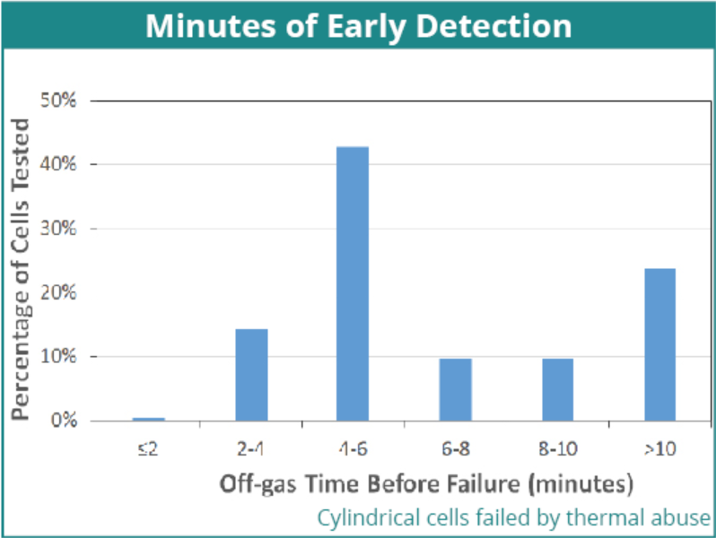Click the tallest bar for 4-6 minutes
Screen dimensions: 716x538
pyautogui.click(x=353, y=283)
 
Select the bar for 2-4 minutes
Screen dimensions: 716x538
pyautogui.click(x=251, y=375)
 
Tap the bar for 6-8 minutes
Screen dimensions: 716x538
pyautogui.click(x=455, y=390)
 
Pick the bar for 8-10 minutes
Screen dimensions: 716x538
pyautogui.click(x=557, y=390)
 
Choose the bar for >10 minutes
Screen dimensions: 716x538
pyautogui.click(x=659, y=344)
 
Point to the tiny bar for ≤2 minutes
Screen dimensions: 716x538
pyautogui.click(x=149, y=419)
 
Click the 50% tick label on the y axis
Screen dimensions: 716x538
pyautogui.click(x=58, y=100)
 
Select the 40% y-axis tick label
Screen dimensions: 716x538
pyautogui.click(x=58, y=164)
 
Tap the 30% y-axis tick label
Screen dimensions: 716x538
pyautogui.click(x=58, y=228)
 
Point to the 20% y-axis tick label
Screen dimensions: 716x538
pyautogui.click(x=58, y=292)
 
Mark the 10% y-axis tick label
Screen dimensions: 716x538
pyautogui.click(x=58, y=356)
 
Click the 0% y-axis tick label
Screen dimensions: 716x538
pyautogui.click(x=64, y=421)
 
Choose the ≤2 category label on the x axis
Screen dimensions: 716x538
pyautogui.click(x=148, y=449)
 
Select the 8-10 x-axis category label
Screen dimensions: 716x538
pyautogui.click(x=558, y=449)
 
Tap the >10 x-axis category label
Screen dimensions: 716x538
pyautogui.click(x=660, y=449)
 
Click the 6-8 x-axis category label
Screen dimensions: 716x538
pyautogui.click(x=455, y=449)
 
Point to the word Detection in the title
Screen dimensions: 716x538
pyautogui.click(x=493, y=26)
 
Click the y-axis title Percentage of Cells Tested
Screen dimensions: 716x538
pyautogui.click(x=21, y=269)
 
